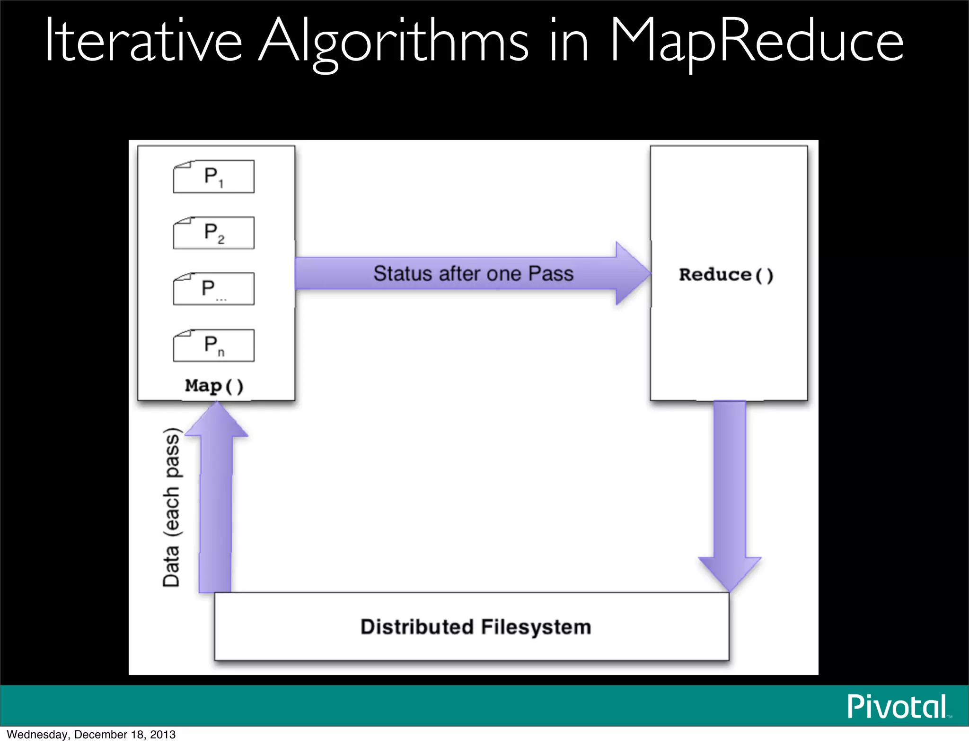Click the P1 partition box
pyautogui.click(x=213, y=176)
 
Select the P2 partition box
pyautogui.click(x=213, y=233)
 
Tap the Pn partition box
pyautogui.click(x=213, y=345)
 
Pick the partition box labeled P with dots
pyautogui.click(x=213, y=289)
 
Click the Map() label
pyautogui.click(x=214, y=386)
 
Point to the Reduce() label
pyautogui.click(x=726, y=275)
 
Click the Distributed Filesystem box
pyautogui.click(x=471, y=626)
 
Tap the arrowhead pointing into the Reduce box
pyautogui.click(x=633, y=273)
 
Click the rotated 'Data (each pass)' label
pyautogui.click(x=171, y=507)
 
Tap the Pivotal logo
pyautogui.click(x=897, y=707)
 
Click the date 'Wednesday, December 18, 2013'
pyautogui.click(x=91, y=735)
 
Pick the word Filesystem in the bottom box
pyautogui.click(x=536, y=627)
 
